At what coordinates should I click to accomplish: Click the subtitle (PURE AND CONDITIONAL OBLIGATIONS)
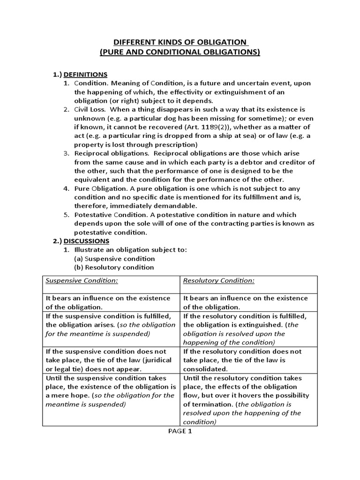[180, 52]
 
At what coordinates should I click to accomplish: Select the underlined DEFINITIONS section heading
[86, 74]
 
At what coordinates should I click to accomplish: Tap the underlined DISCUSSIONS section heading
[87, 241]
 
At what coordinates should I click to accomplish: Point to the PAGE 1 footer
[180, 432]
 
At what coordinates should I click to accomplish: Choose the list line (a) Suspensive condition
[114, 259]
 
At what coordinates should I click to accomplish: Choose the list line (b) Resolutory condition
[114, 268]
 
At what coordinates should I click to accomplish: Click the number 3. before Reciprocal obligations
[67, 153]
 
